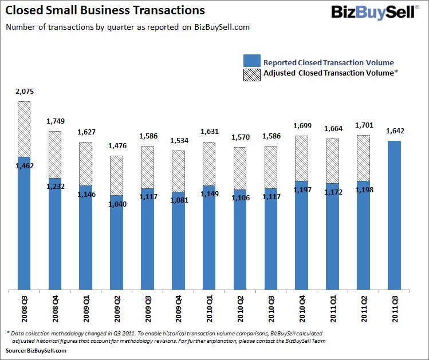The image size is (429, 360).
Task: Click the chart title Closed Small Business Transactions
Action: click(x=105, y=10)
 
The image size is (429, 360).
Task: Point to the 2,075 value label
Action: click(x=24, y=92)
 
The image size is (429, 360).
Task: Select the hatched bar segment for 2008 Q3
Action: click(x=24, y=129)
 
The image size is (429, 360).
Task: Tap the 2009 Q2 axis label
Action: click(x=116, y=308)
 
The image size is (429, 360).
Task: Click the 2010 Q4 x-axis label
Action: click(x=301, y=308)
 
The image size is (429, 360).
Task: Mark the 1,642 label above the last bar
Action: click(x=395, y=131)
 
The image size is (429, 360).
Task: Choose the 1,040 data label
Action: click(x=116, y=204)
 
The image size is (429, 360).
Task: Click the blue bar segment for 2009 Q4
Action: click(x=178, y=240)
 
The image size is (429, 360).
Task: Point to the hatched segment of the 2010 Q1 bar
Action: click(x=209, y=164)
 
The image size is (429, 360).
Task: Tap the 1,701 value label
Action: click(x=363, y=125)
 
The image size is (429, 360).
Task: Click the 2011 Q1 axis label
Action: click(x=332, y=308)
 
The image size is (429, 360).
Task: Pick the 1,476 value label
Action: click(x=116, y=146)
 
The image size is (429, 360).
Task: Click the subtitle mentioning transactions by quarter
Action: click(x=128, y=26)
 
